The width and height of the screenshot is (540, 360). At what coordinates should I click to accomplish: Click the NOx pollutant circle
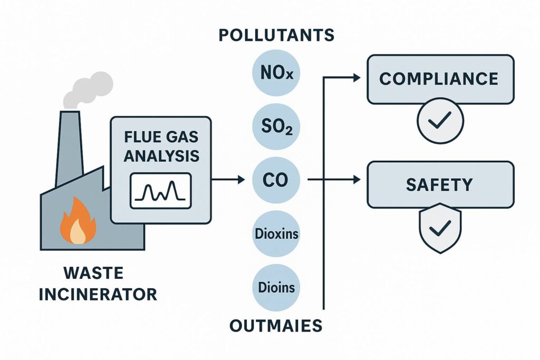(276, 72)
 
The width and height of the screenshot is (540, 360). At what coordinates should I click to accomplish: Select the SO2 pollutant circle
(276, 127)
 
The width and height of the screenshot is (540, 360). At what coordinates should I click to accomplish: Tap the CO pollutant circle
(276, 180)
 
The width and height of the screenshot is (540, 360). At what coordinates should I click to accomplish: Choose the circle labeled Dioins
(276, 288)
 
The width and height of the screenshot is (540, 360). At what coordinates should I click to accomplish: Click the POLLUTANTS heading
(276, 36)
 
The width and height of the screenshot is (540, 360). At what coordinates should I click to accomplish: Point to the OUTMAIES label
(276, 325)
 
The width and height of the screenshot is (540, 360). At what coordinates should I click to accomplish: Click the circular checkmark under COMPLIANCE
(440, 123)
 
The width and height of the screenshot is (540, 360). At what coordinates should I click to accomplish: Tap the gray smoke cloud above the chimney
(90, 90)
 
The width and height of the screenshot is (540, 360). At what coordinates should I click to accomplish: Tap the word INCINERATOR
(98, 294)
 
